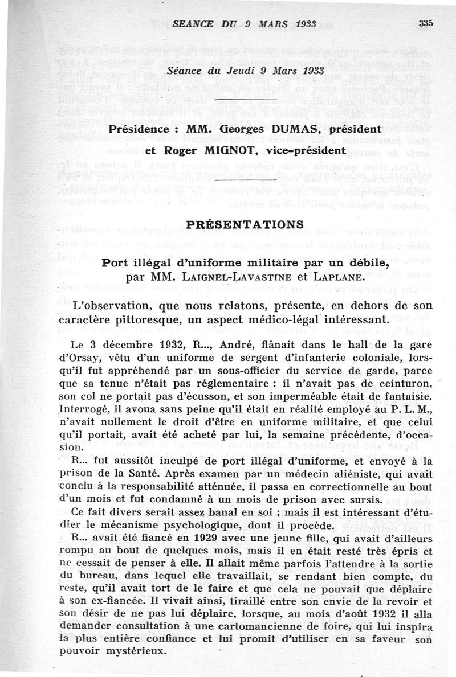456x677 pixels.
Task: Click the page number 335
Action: (x=425, y=23)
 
